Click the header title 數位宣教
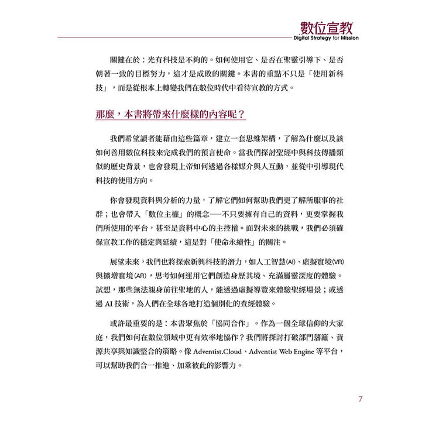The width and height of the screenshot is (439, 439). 325,27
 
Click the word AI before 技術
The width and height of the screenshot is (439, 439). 114,304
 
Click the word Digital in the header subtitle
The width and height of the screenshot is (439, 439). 306,39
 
